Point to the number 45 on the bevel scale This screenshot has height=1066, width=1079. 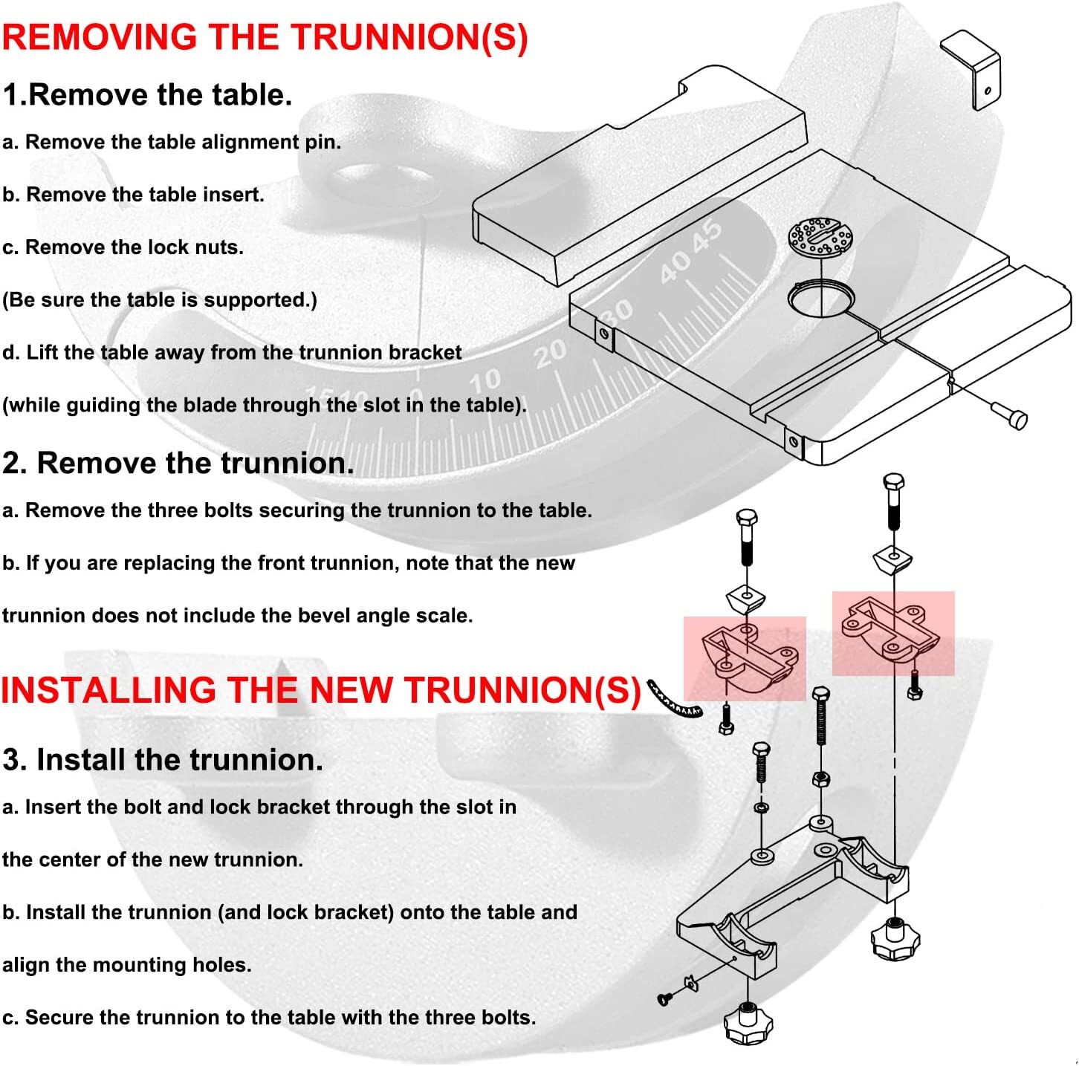(x=707, y=235)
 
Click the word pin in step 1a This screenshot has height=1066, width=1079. (x=323, y=142)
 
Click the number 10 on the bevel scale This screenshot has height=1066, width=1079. (x=485, y=381)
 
